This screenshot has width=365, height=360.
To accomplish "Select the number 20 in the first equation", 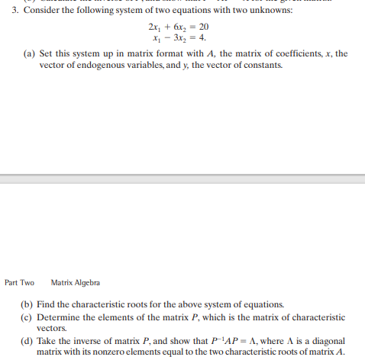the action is click(202, 27).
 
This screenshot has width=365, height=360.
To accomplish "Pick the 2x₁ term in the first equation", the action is click(154, 27).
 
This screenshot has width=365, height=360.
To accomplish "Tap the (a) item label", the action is click(27, 54).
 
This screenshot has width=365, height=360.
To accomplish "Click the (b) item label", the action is click(28, 305).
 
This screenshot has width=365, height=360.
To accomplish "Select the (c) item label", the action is click(28, 317).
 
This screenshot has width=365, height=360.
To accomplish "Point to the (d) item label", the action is click(28, 340).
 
